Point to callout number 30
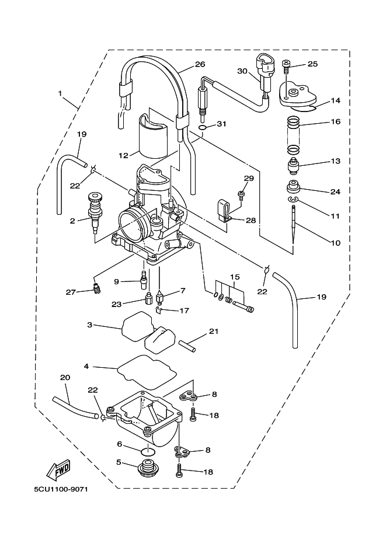243,71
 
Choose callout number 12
123,155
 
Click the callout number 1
60,93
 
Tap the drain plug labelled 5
149,468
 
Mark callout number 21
214,332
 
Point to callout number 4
86,367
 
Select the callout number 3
90,325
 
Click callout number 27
70,292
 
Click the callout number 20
64,378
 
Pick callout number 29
249,177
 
